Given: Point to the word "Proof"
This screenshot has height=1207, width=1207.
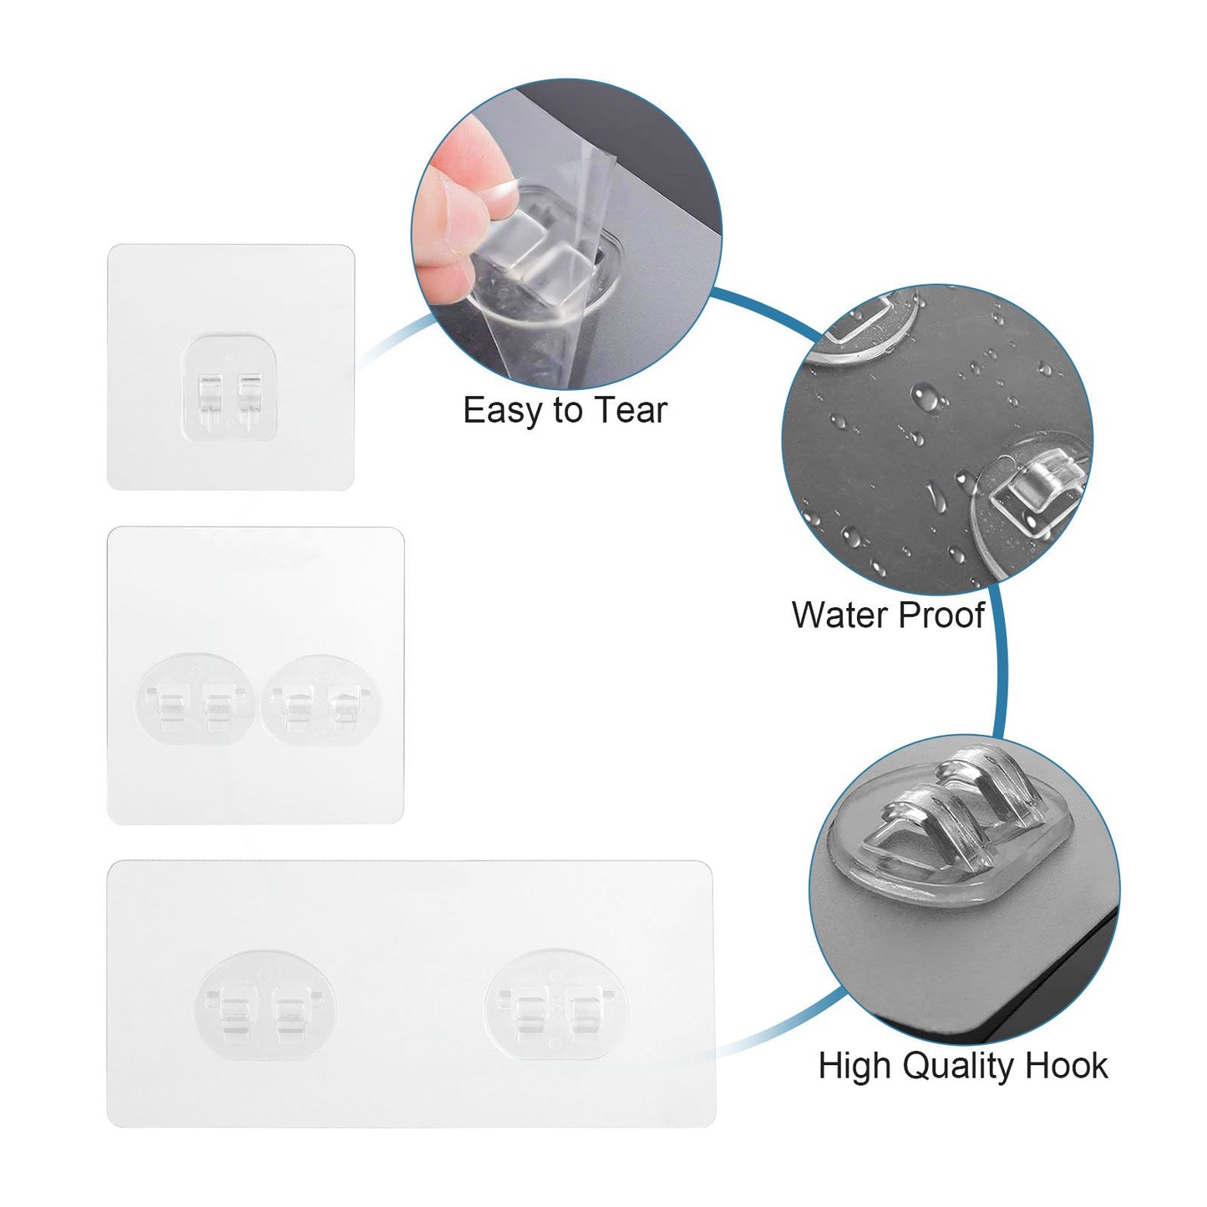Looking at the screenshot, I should tap(941, 615).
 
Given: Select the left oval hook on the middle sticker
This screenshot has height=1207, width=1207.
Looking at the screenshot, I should tap(195, 705).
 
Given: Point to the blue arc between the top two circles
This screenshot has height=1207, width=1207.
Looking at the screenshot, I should tap(764, 309).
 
